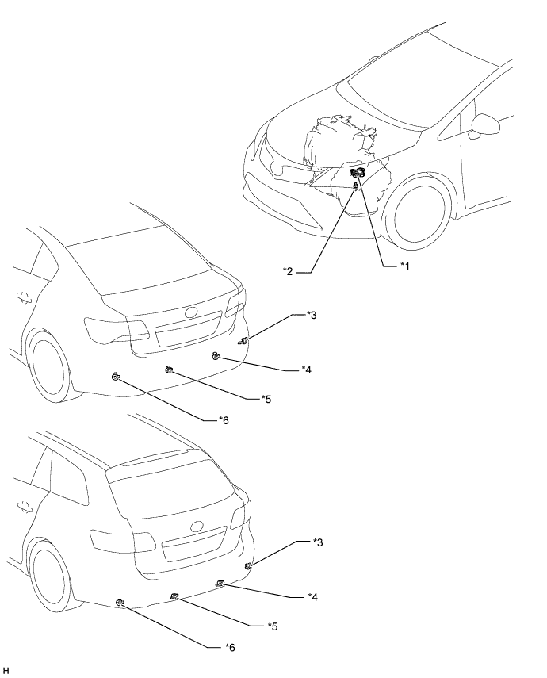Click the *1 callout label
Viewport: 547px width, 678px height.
tap(404, 266)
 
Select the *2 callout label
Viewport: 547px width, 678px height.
tap(288, 271)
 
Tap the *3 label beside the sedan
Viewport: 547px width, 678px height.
tap(312, 316)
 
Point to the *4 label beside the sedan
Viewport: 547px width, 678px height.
tap(306, 370)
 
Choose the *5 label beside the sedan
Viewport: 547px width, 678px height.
tap(266, 399)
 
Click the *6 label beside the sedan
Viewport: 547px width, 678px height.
tap(224, 419)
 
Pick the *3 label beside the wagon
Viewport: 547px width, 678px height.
tap(318, 542)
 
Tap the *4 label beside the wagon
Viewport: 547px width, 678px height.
tap(312, 597)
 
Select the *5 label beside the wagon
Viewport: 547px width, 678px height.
tap(273, 626)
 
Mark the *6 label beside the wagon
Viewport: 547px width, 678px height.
tap(230, 647)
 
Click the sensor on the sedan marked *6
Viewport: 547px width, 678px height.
tap(116, 376)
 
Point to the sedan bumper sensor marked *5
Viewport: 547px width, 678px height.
tap(169, 370)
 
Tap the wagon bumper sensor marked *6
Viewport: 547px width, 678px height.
tap(120, 603)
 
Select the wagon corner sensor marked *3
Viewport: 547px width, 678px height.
tap(248, 566)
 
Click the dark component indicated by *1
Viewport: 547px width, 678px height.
tap(357, 174)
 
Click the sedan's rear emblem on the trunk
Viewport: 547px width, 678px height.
tap(191, 312)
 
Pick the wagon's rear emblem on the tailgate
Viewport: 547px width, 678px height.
tap(197, 527)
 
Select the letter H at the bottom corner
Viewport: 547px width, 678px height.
tap(6, 671)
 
